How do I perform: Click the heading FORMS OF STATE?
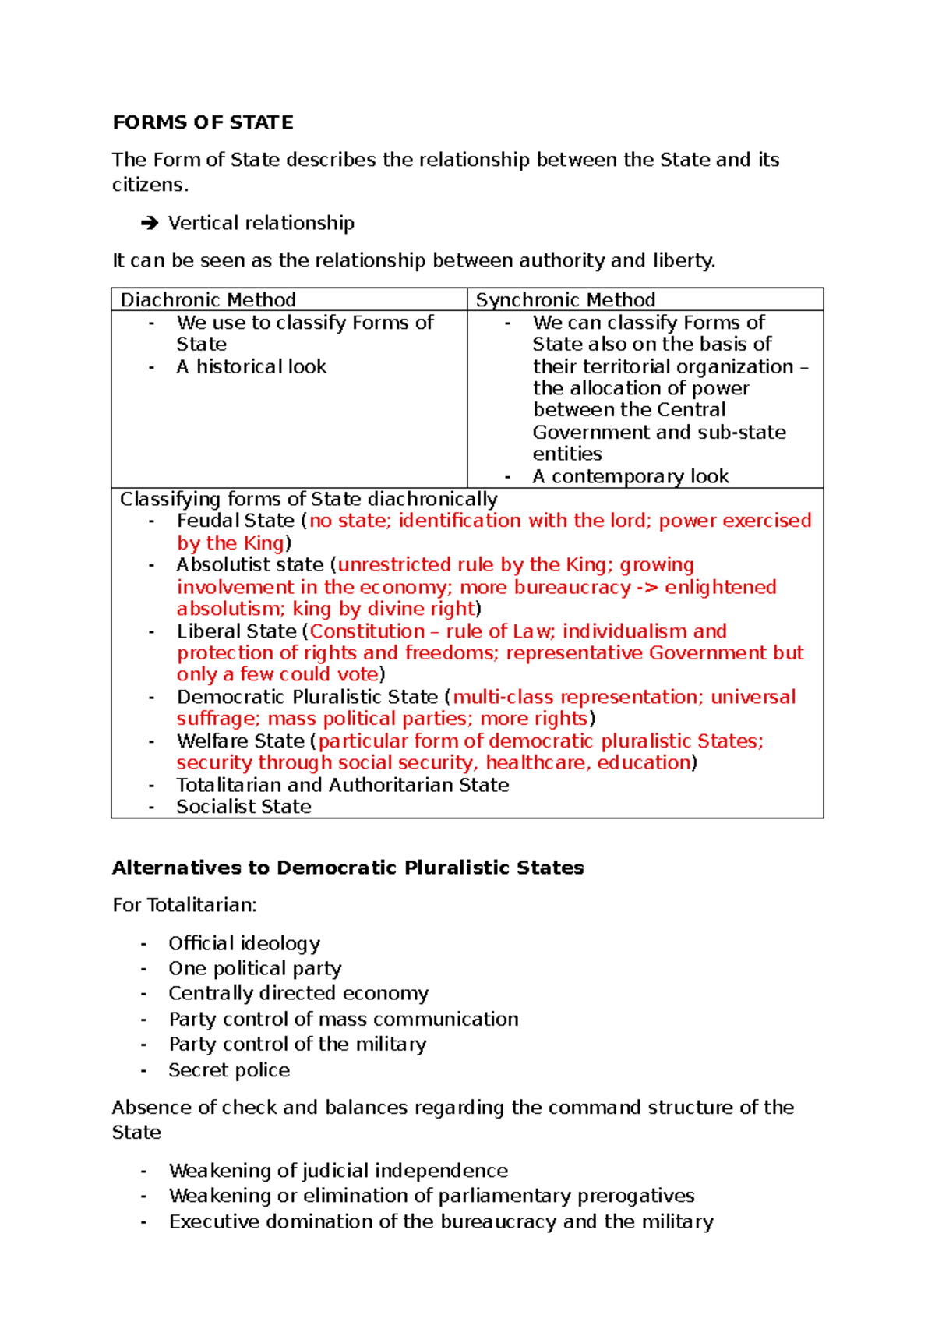[x=203, y=122]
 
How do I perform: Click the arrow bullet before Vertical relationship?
[x=149, y=224]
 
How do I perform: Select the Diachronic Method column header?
[x=208, y=300]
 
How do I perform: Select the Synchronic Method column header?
[x=565, y=300]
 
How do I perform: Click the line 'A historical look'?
[x=251, y=366]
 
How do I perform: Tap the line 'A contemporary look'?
[x=630, y=476]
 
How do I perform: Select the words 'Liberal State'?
[x=236, y=631]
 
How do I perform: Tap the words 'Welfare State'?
[x=240, y=741]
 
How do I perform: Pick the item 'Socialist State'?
[x=243, y=807]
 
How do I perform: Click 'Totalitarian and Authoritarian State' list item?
[x=342, y=785]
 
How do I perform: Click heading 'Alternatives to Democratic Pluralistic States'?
[x=348, y=868]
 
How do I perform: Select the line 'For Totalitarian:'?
[x=184, y=905]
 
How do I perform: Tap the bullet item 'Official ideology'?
[x=244, y=943]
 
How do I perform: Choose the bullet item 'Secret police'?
[x=228, y=1070]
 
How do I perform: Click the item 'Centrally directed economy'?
[x=298, y=993]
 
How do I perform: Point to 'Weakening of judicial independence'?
[x=337, y=1171]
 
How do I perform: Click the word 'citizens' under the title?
[x=148, y=185]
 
